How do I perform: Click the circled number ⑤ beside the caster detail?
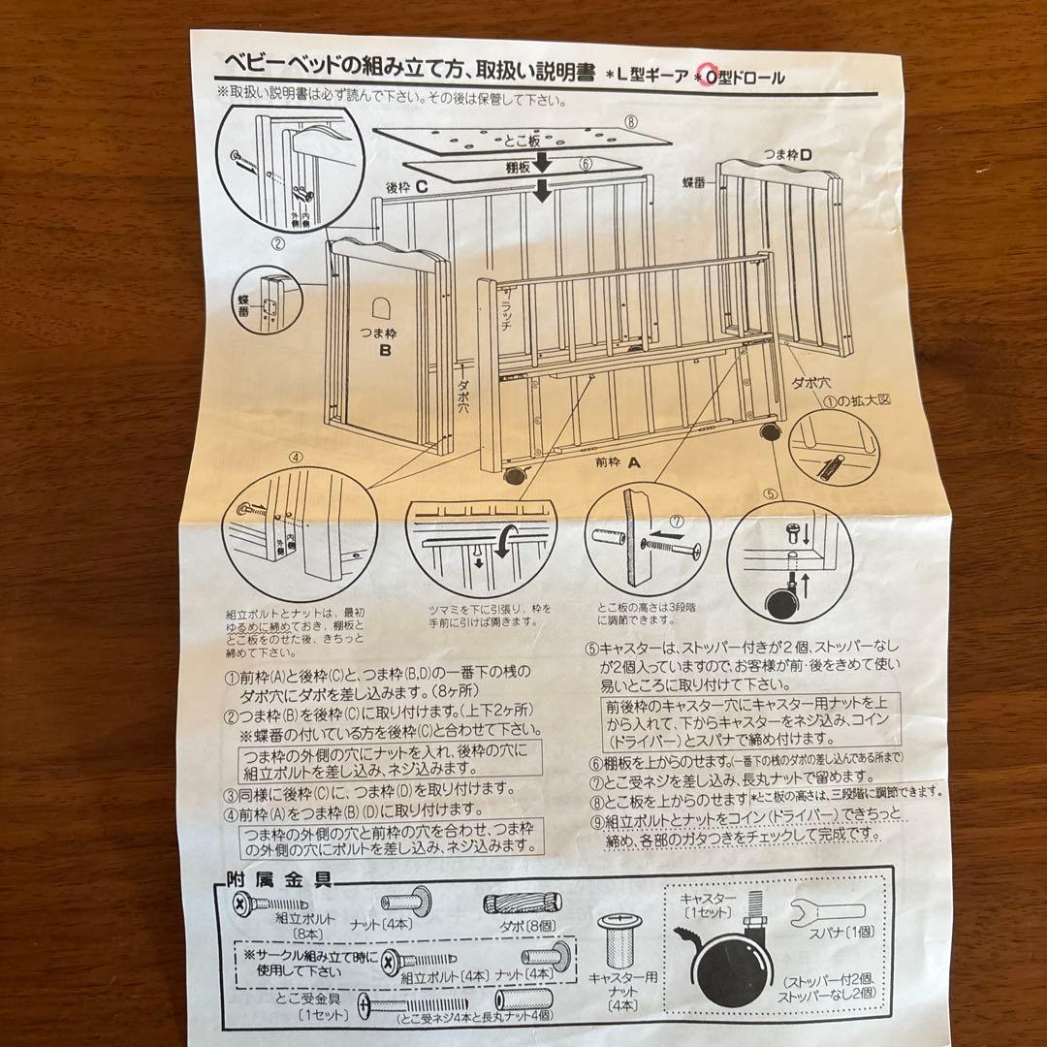770,492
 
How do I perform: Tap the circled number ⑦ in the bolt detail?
677,521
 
